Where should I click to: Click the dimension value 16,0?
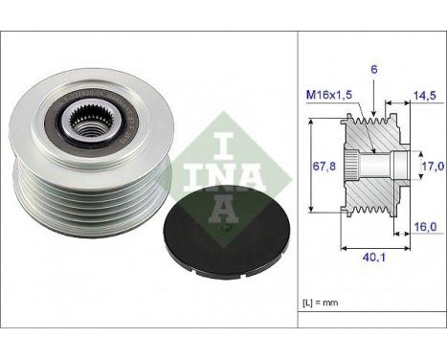pos(426,228)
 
